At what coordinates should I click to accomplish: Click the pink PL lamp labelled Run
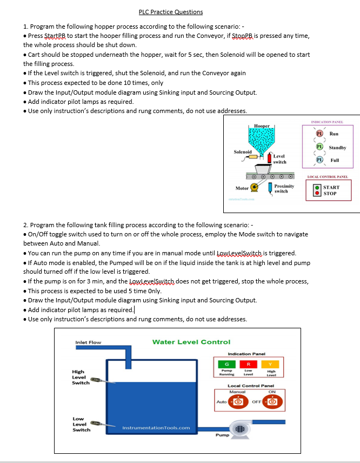pos(319,134)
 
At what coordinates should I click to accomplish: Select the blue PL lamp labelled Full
pos(319,160)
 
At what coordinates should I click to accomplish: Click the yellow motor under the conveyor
pos(254,188)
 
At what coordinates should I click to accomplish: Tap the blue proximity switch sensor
pos(270,188)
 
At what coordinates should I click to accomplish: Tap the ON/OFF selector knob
pos(271,402)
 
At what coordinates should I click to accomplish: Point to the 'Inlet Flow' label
pos(88,342)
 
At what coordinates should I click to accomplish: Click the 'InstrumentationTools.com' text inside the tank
pos(156,428)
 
